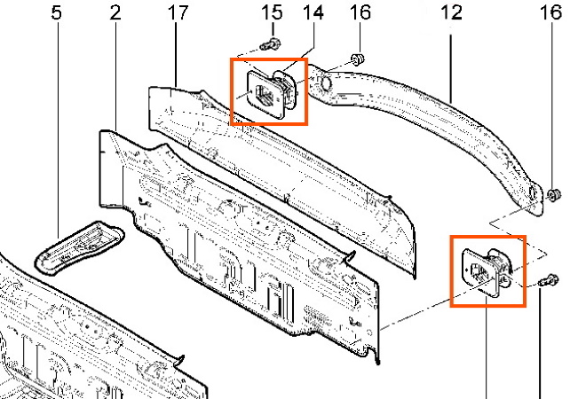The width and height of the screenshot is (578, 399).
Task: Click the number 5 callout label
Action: [x=57, y=13]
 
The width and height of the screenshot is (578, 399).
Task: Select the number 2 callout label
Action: [x=115, y=13]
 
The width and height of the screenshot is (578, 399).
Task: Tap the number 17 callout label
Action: [x=178, y=13]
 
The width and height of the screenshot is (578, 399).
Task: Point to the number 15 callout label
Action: [x=272, y=13]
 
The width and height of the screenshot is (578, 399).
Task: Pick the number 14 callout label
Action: [x=313, y=13]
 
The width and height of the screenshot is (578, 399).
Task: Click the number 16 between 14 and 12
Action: [x=360, y=13]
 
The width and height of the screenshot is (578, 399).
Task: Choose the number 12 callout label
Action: [x=451, y=13]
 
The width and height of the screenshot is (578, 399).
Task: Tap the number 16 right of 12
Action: [x=550, y=13]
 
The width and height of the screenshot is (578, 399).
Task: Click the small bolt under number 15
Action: [x=270, y=45]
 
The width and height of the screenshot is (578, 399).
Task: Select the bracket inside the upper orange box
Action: [x=272, y=93]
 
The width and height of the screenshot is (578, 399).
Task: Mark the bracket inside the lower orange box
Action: [x=487, y=270]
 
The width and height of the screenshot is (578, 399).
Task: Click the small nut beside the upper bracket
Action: [x=357, y=59]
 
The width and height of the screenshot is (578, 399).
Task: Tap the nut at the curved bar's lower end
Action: [x=553, y=195]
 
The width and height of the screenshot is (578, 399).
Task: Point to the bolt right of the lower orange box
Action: [x=549, y=281]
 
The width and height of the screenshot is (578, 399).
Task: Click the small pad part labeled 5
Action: [x=79, y=247]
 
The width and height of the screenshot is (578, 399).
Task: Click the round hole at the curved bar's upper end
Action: [x=326, y=83]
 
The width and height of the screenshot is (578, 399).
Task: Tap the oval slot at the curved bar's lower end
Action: [x=532, y=194]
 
